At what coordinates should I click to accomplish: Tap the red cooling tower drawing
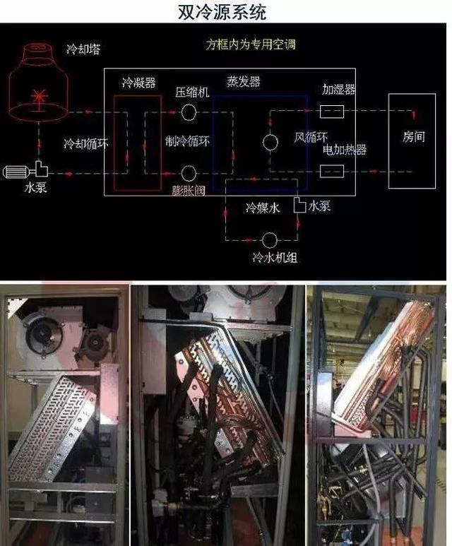click(38, 82)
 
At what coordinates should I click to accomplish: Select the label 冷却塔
click(83, 49)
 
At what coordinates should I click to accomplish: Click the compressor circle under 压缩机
click(189, 112)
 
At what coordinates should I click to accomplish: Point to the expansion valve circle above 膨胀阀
click(189, 173)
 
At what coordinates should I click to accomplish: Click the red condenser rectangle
click(114, 143)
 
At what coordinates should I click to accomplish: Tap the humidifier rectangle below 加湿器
click(332, 112)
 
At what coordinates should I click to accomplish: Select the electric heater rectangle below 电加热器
click(332, 172)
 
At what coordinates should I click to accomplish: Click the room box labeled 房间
click(388, 141)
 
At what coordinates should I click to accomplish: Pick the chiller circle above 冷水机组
click(270, 240)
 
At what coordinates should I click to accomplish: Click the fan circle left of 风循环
click(270, 142)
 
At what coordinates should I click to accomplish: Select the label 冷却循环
click(86, 143)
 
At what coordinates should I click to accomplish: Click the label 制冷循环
click(188, 141)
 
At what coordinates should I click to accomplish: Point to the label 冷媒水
click(263, 208)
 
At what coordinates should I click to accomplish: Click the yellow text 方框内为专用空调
click(251, 44)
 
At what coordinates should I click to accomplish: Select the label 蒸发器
click(244, 81)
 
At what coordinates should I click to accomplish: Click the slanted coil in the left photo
click(52, 428)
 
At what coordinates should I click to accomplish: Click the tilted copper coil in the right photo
click(382, 366)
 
